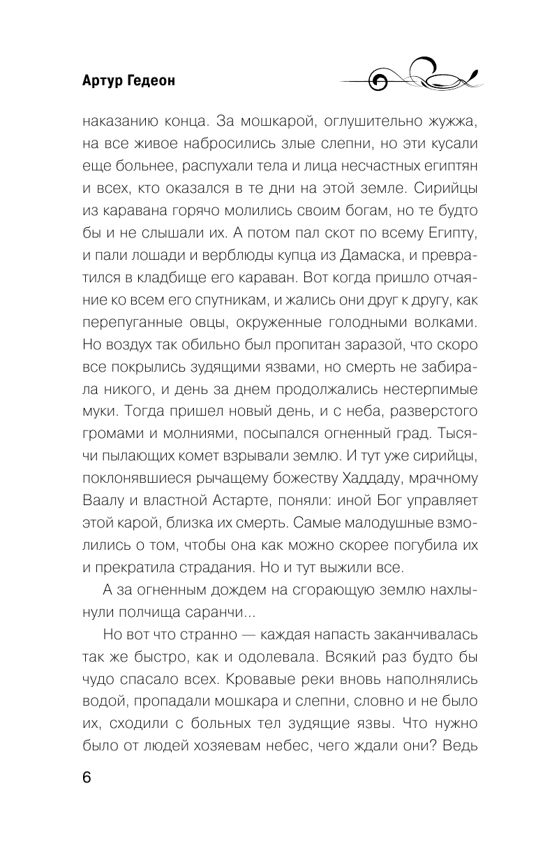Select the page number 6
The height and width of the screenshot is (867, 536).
pos(87,779)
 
